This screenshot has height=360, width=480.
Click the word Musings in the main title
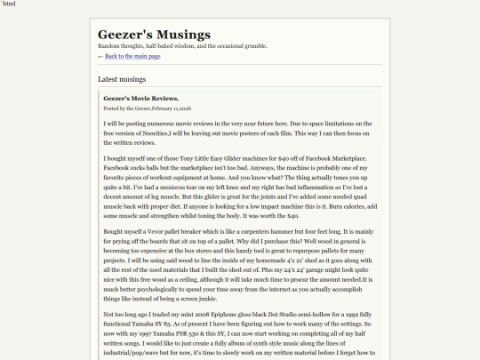(x=181, y=35)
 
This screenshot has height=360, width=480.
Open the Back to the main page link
(x=132, y=56)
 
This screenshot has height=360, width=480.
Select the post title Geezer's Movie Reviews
(x=140, y=98)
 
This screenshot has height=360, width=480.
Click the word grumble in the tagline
(x=251, y=45)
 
